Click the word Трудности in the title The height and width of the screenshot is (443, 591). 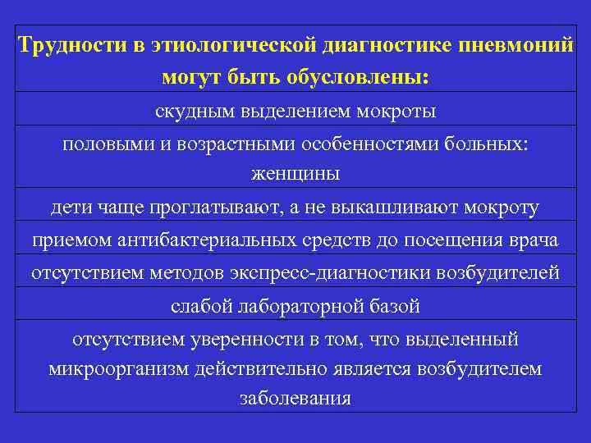pos(71,45)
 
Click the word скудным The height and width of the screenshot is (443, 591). pos(194,109)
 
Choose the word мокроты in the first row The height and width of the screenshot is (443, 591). pos(398,109)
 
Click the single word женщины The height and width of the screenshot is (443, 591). pos(295,174)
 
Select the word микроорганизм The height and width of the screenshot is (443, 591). pos(119,369)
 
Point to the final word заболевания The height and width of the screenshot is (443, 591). pos(295,400)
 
